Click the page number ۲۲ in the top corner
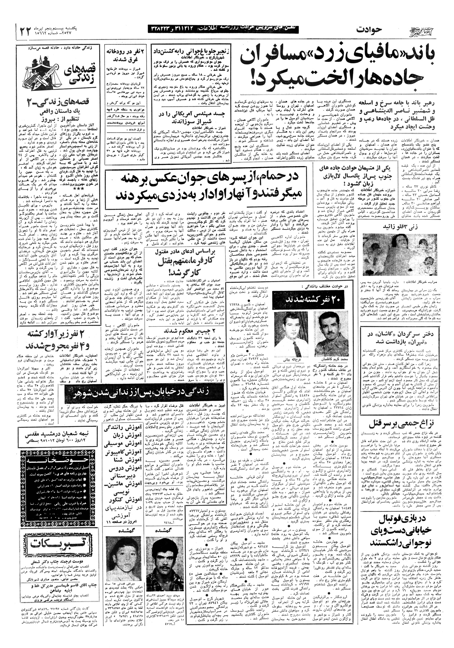(x=26, y=31)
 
